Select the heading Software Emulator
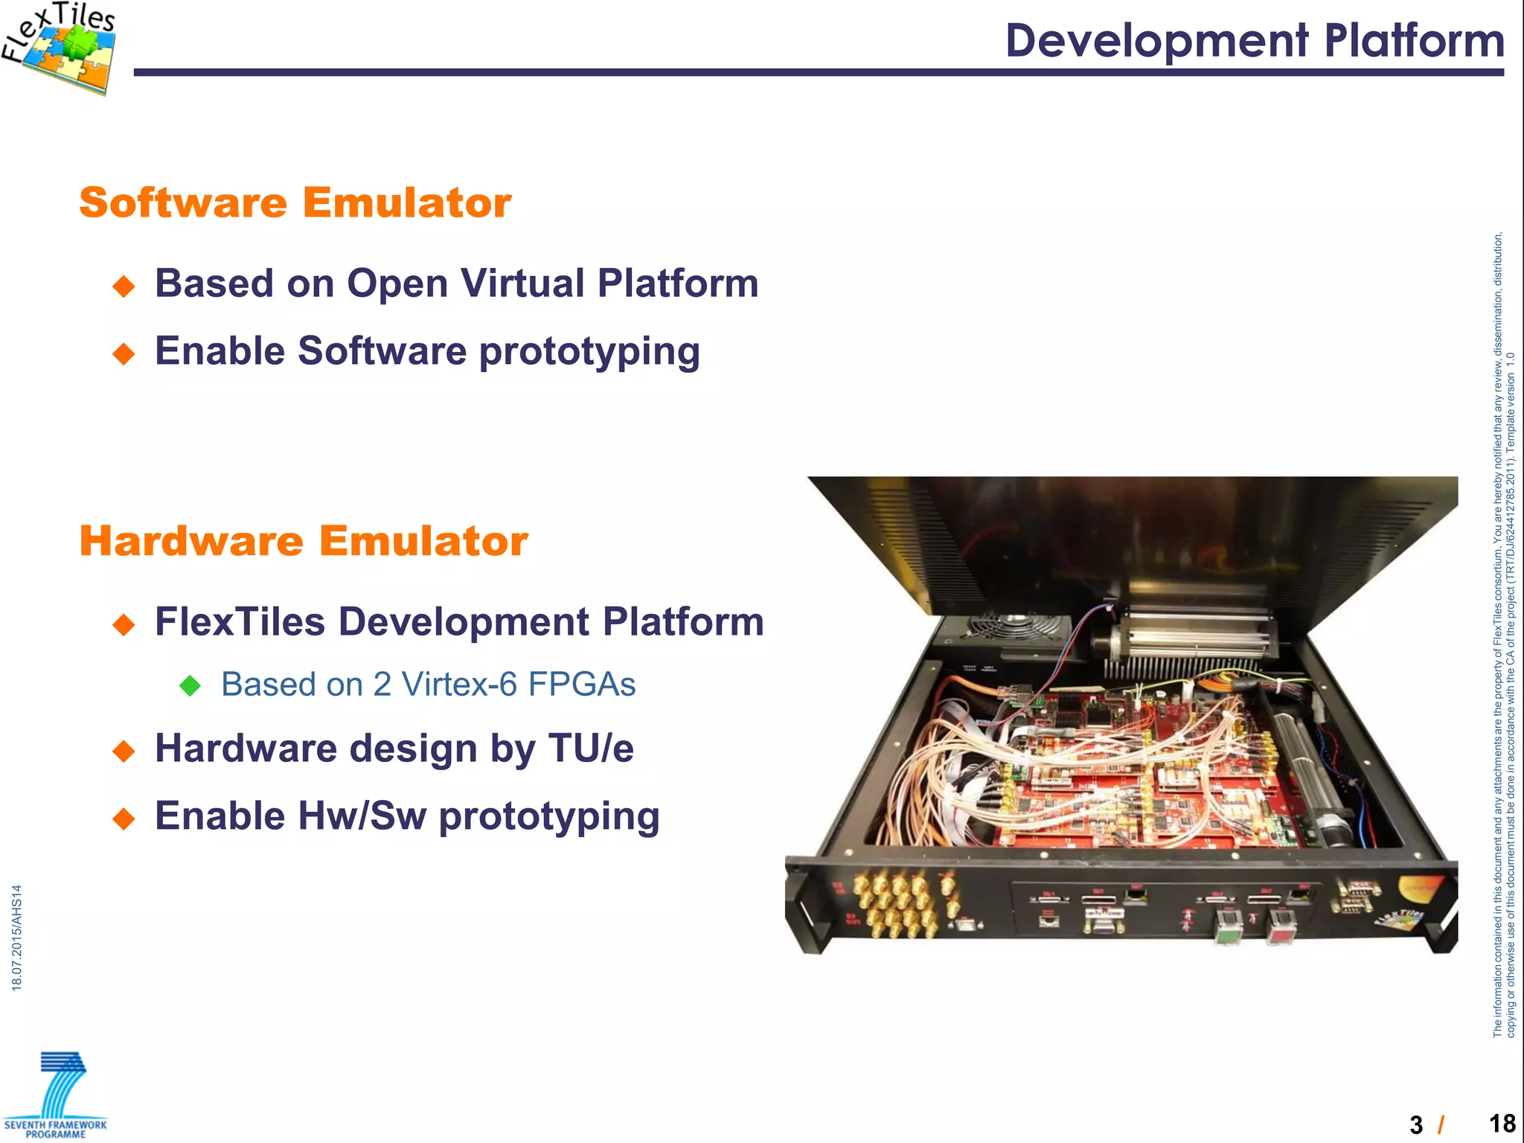(295, 202)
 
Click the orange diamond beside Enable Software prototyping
(124, 353)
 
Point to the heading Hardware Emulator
(304, 541)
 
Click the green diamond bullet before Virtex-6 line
(190, 685)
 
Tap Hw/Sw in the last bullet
(362, 816)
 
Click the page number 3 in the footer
(1416, 1124)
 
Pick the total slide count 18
(1502, 1123)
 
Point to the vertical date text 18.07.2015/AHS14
(17, 938)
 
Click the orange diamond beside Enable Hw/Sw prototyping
(124, 819)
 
